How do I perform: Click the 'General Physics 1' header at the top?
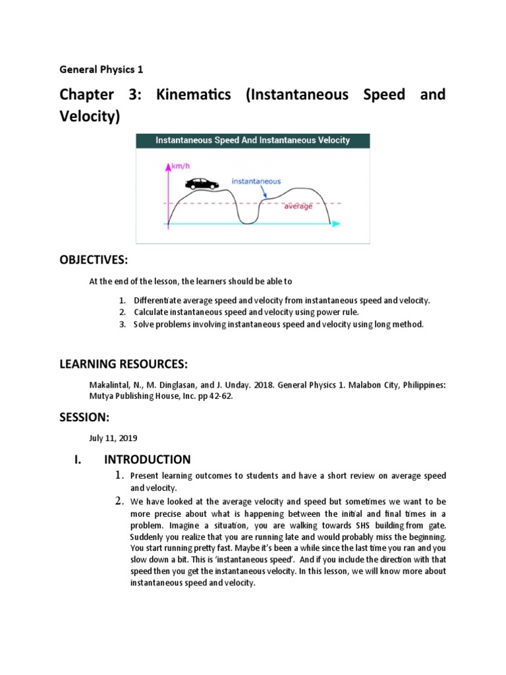(101, 69)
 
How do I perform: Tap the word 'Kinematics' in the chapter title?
(194, 95)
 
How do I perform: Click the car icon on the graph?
(202, 184)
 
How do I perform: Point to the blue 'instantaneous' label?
(256, 181)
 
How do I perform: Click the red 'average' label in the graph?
(298, 206)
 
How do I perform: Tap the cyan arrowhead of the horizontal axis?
(336, 224)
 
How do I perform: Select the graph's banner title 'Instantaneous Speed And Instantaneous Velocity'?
(252, 140)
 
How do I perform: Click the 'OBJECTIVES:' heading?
(93, 261)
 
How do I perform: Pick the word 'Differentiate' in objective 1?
(156, 301)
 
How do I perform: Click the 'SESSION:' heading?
(84, 417)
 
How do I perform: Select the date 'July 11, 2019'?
(113, 438)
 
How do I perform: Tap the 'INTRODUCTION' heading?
(148, 459)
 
